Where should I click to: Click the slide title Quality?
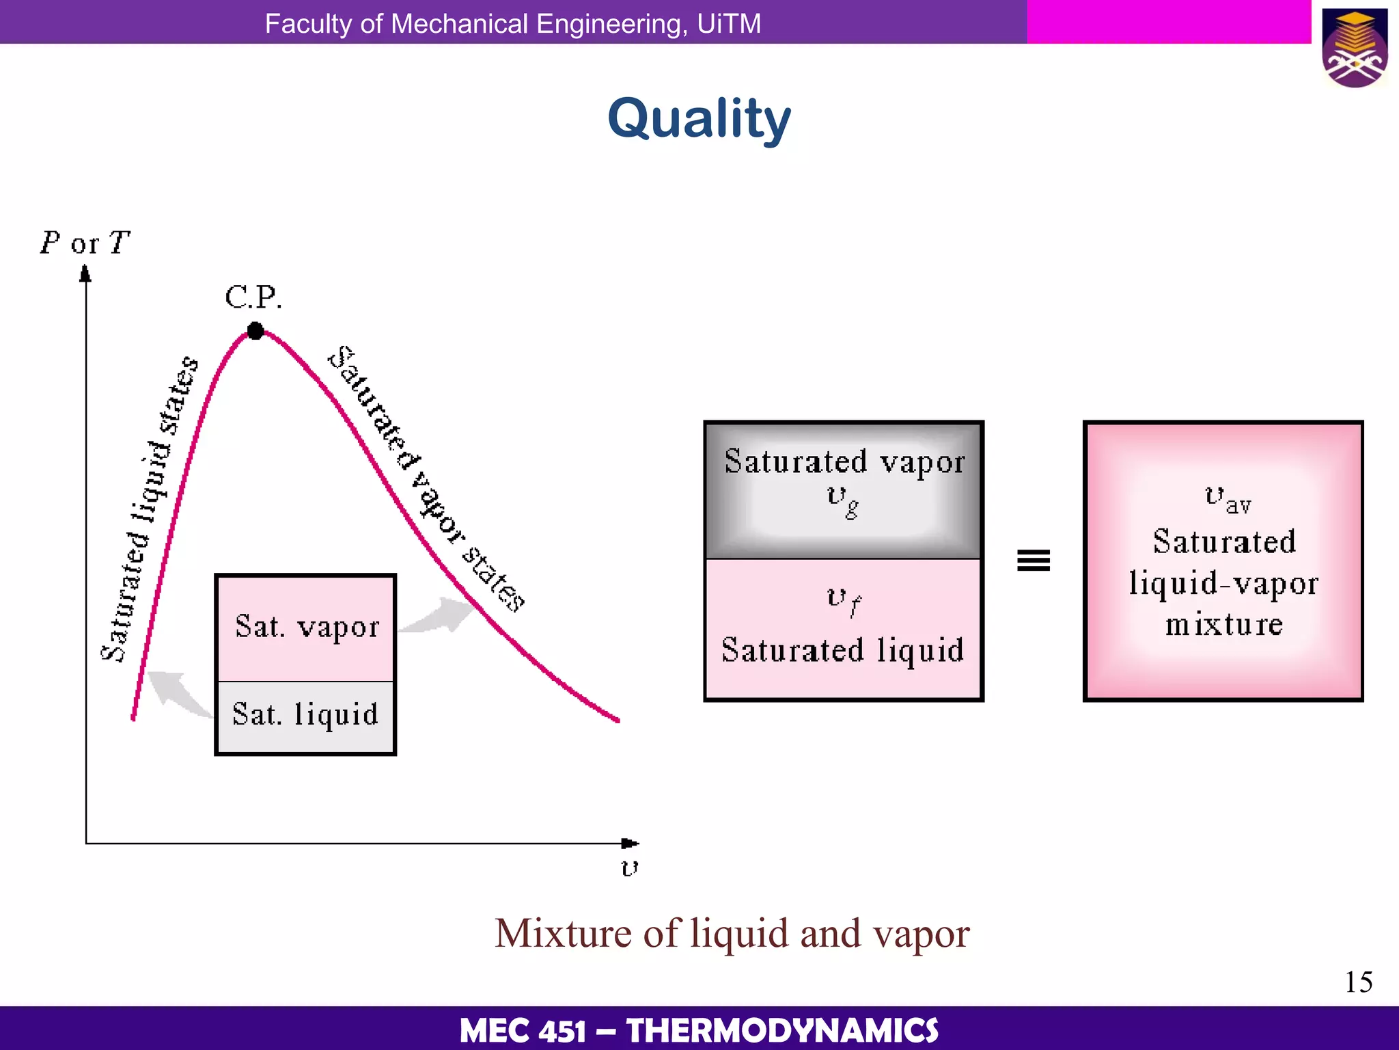(x=699, y=119)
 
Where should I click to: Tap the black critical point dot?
(x=255, y=332)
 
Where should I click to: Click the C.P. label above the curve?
(x=253, y=297)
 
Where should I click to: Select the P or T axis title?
(x=85, y=243)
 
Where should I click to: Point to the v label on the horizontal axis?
(x=629, y=868)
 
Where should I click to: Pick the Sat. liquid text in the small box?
(x=305, y=715)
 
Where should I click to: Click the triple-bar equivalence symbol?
(x=1033, y=561)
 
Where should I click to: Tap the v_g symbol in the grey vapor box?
(x=842, y=501)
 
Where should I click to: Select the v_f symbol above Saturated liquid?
(x=844, y=600)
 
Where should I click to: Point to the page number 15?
(x=1358, y=982)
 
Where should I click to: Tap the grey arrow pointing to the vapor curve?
(x=438, y=616)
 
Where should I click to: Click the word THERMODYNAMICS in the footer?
(x=782, y=1031)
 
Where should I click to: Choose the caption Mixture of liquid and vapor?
(x=732, y=934)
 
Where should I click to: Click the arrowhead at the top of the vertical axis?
(x=85, y=273)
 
